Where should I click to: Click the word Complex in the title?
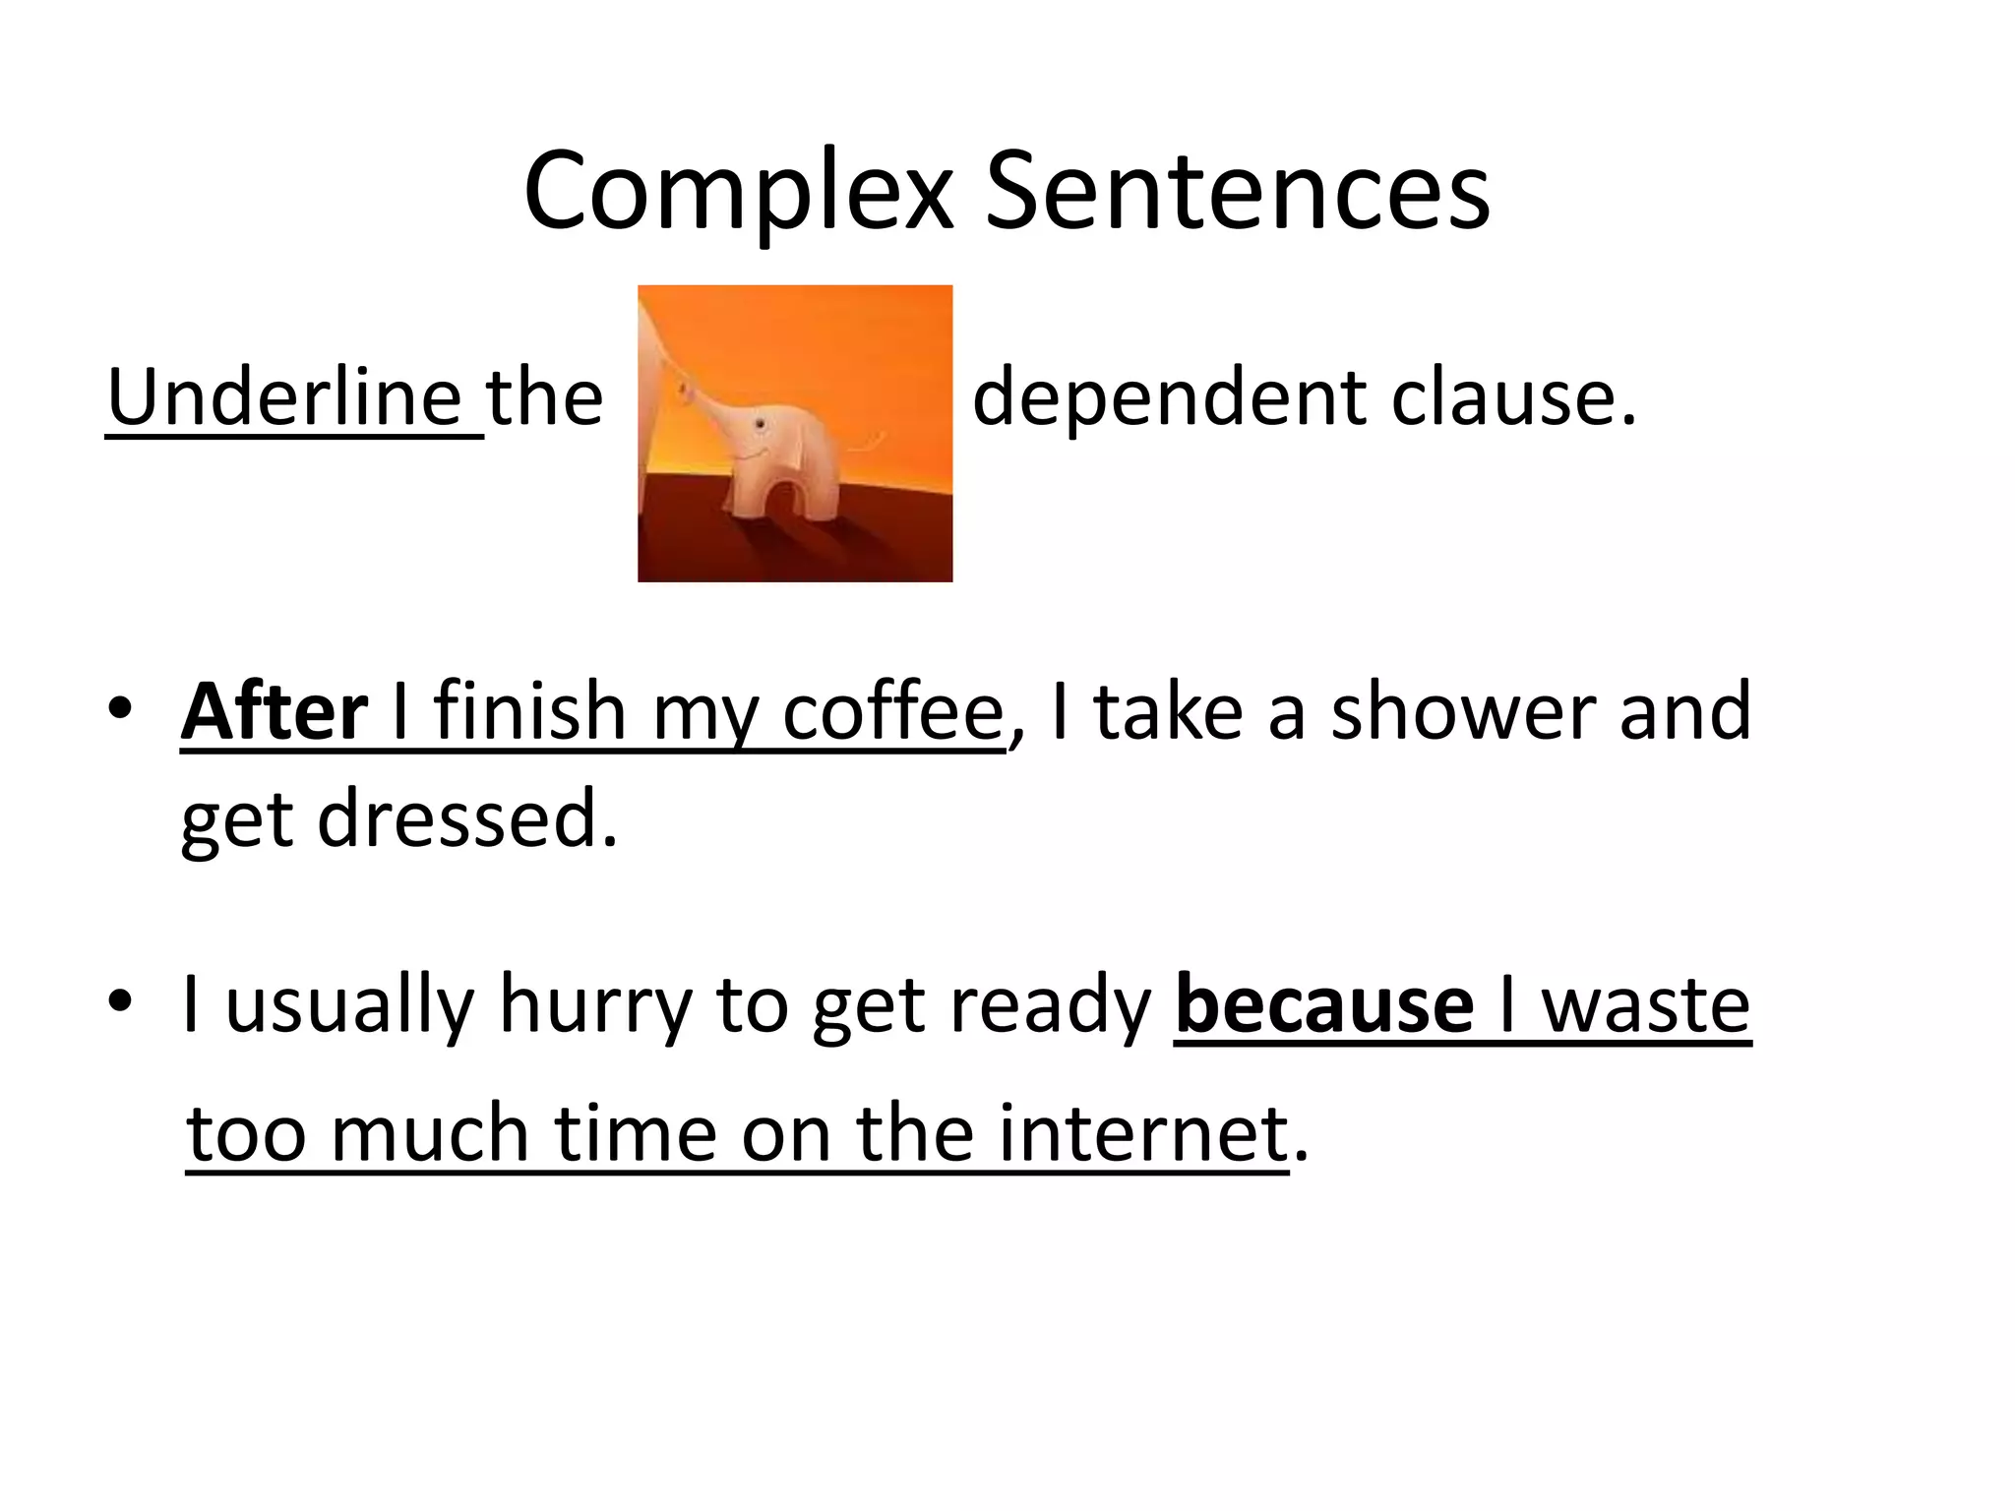point(738,192)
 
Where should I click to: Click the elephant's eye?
point(759,424)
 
